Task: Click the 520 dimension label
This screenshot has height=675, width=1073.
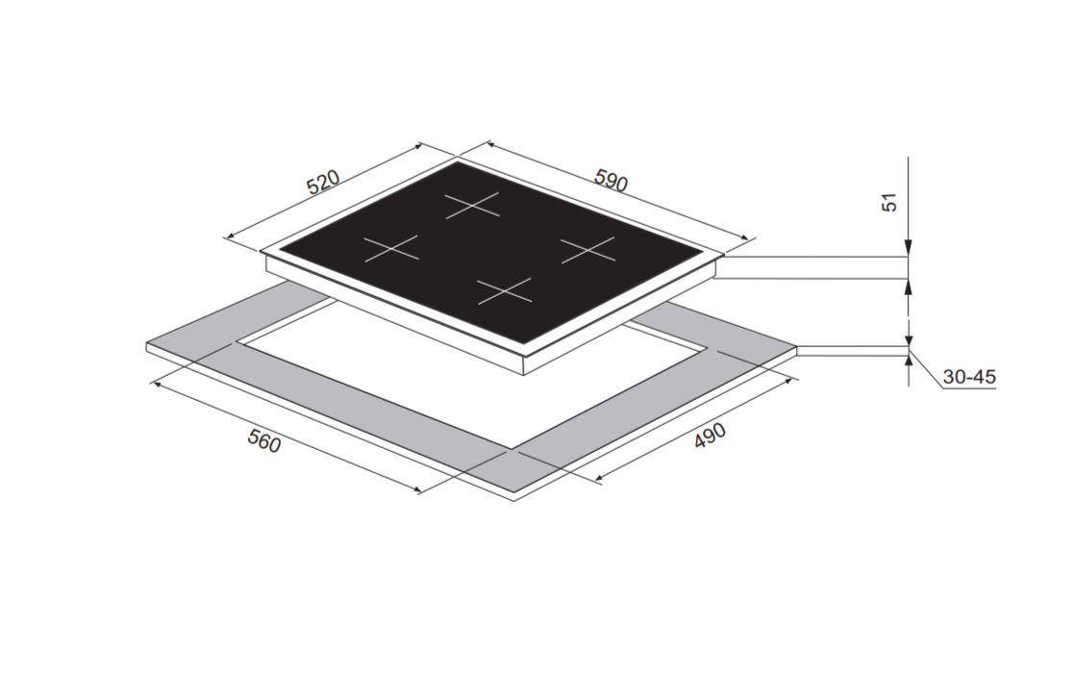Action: tap(323, 182)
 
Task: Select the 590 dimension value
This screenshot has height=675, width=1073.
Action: tap(611, 180)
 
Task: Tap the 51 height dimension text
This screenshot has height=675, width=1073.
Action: tap(888, 203)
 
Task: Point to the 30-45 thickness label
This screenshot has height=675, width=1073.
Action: tap(969, 377)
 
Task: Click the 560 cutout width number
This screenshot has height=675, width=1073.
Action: tap(264, 441)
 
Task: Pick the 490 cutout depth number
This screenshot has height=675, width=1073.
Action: tap(710, 437)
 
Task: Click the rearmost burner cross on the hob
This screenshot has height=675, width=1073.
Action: tap(472, 205)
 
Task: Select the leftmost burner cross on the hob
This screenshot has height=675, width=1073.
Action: tap(390, 248)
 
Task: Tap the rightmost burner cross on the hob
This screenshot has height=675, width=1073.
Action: tap(587, 250)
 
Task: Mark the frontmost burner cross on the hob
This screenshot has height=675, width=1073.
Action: tap(505, 291)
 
